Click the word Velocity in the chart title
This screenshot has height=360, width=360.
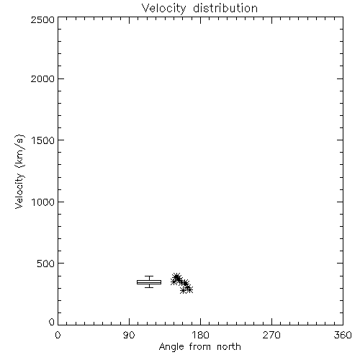[164, 8]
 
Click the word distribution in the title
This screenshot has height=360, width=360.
[225, 8]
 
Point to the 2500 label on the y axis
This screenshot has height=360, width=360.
[42, 19]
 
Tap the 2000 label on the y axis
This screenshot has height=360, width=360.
[42, 78]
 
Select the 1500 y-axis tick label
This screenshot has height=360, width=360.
[43, 140]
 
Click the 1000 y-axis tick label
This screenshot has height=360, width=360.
[43, 202]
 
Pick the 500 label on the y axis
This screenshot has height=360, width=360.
[46, 264]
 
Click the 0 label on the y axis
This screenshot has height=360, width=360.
[52, 322]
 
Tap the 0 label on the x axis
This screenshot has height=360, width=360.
[58, 335]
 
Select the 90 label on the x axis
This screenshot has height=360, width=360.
[129, 335]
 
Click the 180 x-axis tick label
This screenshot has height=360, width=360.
[200, 335]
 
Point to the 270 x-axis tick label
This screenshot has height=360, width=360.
[271, 335]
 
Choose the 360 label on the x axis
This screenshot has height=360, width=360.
[343, 335]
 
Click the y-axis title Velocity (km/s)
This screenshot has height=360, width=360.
[19, 172]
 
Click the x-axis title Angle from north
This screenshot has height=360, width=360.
[200, 347]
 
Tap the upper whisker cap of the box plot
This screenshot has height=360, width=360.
[149, 276]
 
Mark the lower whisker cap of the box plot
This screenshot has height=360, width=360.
[149, 287]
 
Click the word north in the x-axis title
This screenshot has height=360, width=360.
[229, 346]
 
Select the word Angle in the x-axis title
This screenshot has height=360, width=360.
[171, 347]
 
